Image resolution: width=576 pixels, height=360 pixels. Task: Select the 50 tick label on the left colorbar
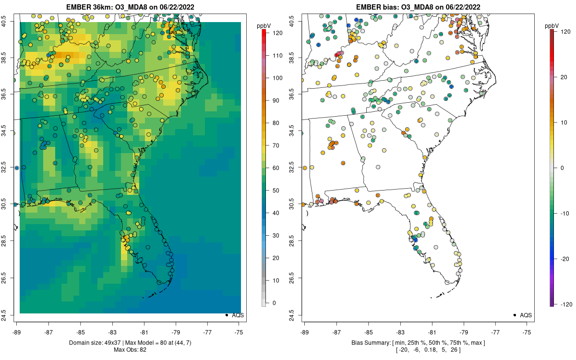tap(276, 191)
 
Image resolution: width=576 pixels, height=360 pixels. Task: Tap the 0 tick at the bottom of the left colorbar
tap(274, 303)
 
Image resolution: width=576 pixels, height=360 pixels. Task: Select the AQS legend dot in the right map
tap(515, 315)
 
